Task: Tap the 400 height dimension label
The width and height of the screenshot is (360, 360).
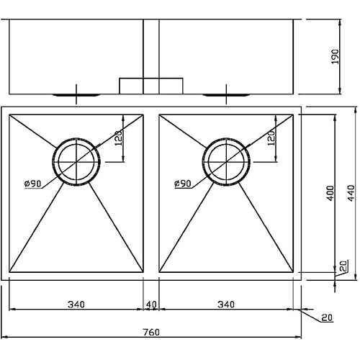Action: point(329,193)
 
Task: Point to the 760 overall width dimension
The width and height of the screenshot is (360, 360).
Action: point(150,335)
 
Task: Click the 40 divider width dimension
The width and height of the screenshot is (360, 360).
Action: point(151,305)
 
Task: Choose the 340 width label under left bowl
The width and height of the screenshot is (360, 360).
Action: point(76,305)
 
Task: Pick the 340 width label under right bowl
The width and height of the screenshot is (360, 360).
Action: point(226,305)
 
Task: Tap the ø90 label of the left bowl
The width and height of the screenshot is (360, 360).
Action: point(32,184)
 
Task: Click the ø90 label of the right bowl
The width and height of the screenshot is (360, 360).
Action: point(182,184)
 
